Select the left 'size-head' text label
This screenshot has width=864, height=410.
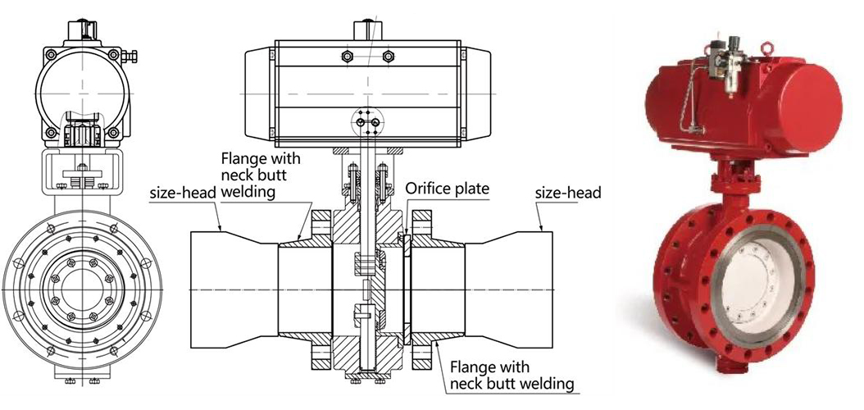[182, 194]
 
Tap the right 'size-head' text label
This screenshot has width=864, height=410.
[568, 193]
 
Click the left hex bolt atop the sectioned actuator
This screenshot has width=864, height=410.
[346, 56]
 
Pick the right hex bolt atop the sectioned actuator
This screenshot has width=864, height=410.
[389, 56]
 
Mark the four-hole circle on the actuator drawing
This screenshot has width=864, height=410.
[366, 123]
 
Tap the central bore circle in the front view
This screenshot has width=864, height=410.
[82, 288]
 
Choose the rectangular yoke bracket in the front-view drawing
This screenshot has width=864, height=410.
[82, 170]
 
